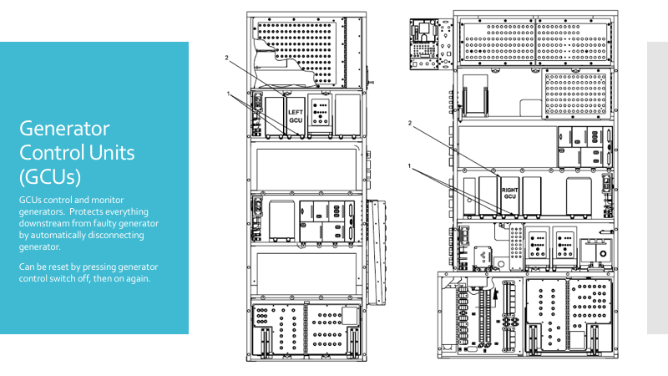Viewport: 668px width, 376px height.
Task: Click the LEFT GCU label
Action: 296,115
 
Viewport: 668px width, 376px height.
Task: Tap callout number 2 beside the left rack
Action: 226,58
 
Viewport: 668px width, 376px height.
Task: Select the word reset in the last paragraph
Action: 59,267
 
